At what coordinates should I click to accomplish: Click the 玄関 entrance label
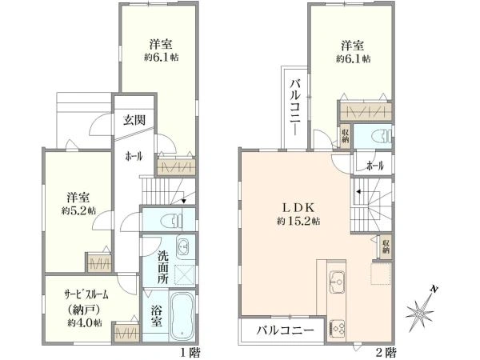[x=134, y=120]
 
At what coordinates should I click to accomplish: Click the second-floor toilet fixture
[x=381, y=137]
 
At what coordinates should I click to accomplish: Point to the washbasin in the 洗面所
[x=184, y=246]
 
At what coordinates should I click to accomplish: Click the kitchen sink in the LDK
[x=337, y=282]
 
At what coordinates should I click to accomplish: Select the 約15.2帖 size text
[x=298, y=221]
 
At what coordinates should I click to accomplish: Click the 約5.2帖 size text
[x=78, y=210]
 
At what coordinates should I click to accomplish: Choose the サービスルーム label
[x=86, y=294]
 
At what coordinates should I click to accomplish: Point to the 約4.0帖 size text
[x=85, y=322]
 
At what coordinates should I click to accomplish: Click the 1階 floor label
[x=190, y=353]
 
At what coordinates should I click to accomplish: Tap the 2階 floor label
[x=386, y=353]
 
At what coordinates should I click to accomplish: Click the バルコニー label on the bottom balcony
[x=286, y=330]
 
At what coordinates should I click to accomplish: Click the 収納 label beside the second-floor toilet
[x=346, y=136]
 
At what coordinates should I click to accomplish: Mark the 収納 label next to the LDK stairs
[x=386, y=246]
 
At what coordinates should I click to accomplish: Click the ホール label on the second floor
[x=375, y=166]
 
